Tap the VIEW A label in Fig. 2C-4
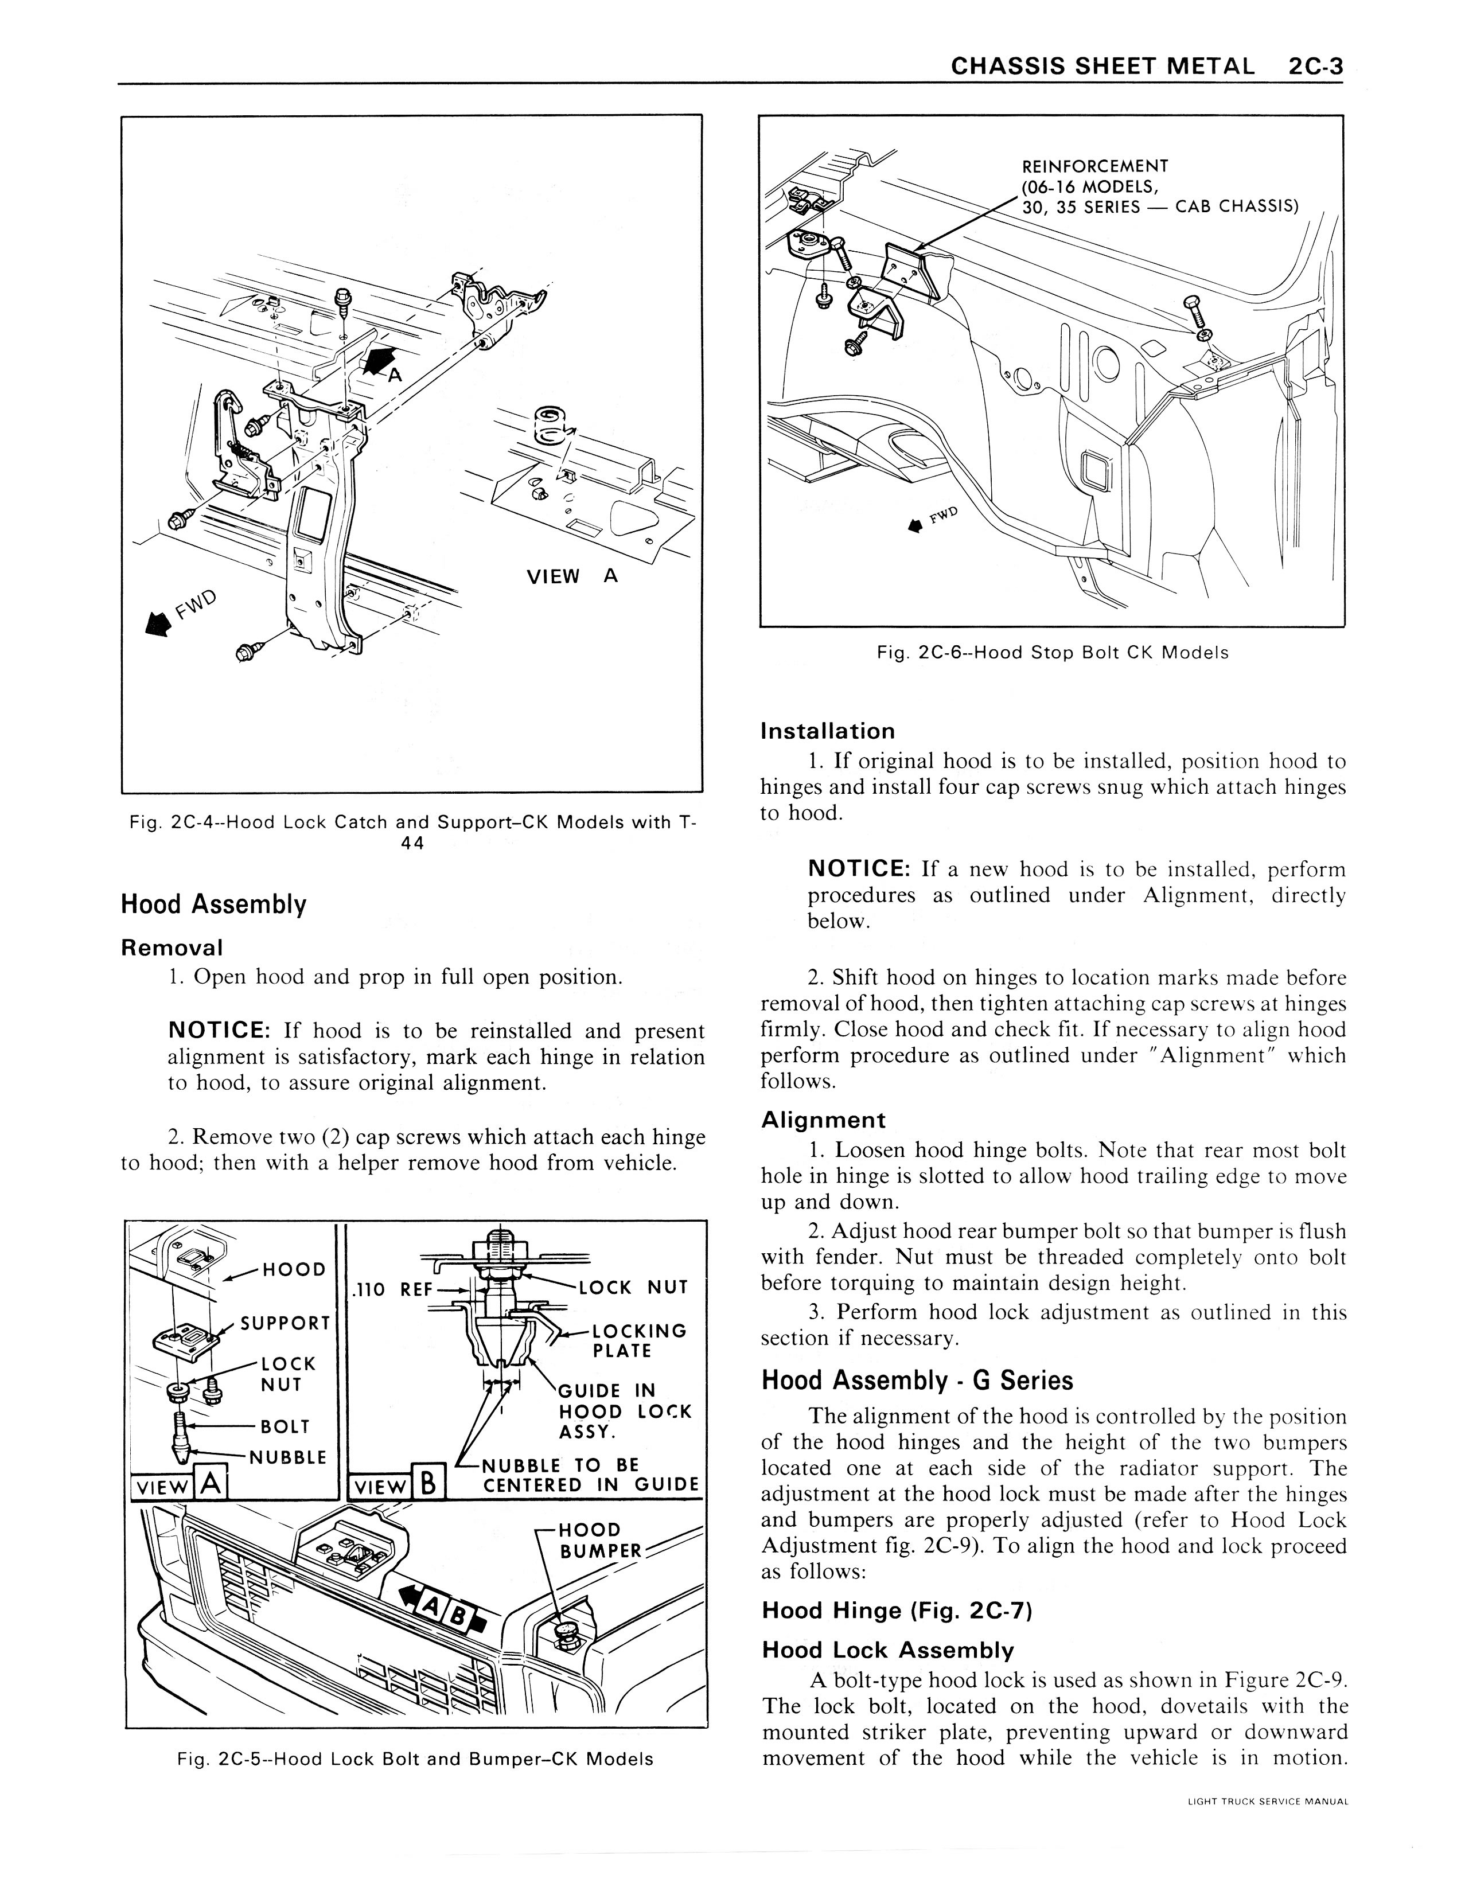[571, 576]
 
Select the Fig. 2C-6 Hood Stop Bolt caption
[1051, 653]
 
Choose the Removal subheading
[172, 948]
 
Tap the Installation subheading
[827, 732]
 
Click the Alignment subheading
[823, 1120]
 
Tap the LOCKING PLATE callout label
[638, 1340]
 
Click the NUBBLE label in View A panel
[287, 1457]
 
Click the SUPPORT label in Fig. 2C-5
[285, 1324]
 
